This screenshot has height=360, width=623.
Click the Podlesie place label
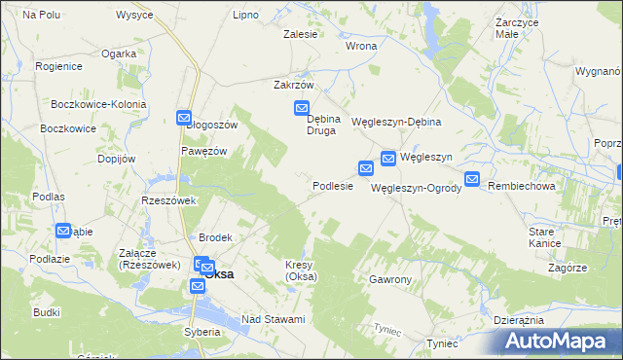click(x=332, y=186)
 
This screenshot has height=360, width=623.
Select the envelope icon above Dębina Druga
click(x=302, y=109)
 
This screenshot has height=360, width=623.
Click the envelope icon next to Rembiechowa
click(x=472, y=179)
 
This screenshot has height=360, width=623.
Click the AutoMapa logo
click(x=559, y=340)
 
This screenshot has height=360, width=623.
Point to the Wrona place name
click(x=361, y=46)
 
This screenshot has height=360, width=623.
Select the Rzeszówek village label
click(x=169, y=200)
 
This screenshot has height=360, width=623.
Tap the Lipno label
click(x=245, y=16)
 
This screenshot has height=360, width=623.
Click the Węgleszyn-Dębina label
click(x=396, y=122)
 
